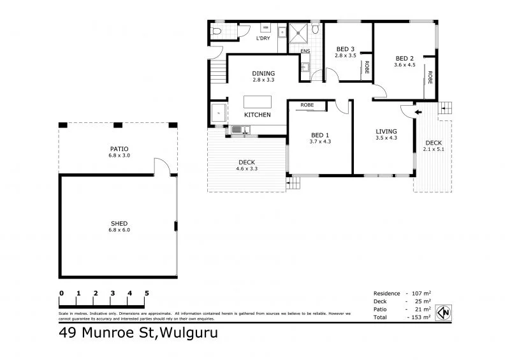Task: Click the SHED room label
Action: coord(119,224)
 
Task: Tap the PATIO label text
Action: coord(119,149)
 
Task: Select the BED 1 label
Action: coord(320,134)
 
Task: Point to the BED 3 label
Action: coord(345,49)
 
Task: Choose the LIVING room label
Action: coord(386,131)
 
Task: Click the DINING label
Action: coord(263,74)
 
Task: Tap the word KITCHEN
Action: coord(258,115)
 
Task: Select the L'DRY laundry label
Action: coord(263,40)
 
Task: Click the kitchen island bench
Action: coord(258,102)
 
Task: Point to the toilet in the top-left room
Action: coord(217,30)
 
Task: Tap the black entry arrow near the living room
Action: coord(418,113)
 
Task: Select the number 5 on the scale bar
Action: coord(147,292)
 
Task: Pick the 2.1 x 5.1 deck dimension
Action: coord(433,150)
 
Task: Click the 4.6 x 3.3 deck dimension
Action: coord(247,169)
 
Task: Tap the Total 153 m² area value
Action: coord(421,317)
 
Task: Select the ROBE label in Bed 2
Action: coord(430,78)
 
